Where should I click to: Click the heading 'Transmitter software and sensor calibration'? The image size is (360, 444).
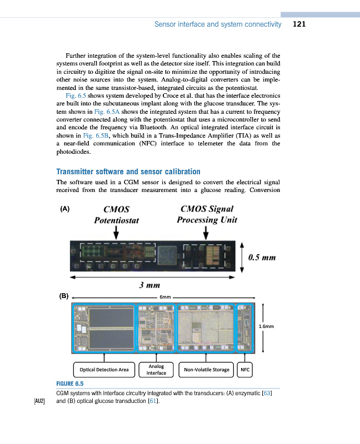128,171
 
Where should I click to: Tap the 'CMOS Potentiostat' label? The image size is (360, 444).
116,214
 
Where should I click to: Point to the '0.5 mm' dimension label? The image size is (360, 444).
263,257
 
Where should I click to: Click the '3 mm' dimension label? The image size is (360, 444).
149,285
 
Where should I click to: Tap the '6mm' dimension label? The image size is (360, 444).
165,297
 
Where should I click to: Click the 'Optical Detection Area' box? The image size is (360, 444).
104,369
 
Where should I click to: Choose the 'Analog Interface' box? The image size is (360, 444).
156,370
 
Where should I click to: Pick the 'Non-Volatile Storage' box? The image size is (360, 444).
206,369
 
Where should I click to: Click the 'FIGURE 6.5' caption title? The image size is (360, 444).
69,384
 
